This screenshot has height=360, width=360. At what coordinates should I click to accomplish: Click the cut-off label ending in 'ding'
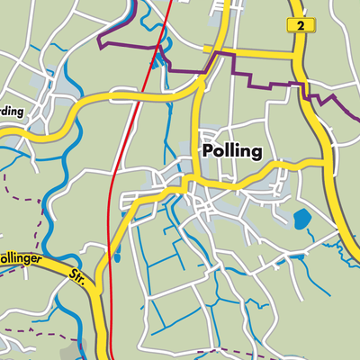pyautogui.click(x=11, y=112)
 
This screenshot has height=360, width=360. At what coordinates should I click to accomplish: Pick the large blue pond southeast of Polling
pyautogui.click(x=301, y=219)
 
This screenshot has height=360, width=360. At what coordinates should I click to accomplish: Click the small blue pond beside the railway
pyautogui.click(x=117, y=256)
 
